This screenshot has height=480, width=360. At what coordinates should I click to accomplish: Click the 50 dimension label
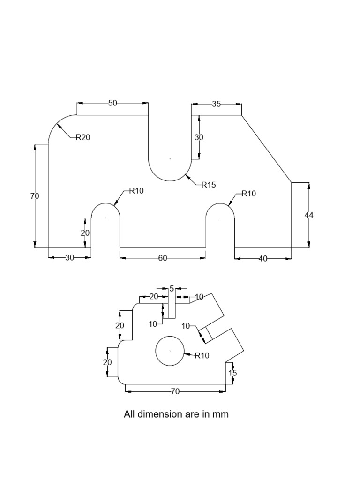[112, 103]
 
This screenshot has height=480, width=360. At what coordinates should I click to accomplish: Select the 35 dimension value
[216, 104]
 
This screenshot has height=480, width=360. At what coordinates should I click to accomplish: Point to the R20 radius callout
[82, 137]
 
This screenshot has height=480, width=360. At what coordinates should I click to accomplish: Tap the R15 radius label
[209, 185]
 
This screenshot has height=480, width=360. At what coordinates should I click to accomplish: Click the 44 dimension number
[308, 215]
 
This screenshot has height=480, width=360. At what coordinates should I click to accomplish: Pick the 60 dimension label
[163, 258]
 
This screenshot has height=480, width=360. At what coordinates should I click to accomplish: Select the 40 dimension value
[263, 258]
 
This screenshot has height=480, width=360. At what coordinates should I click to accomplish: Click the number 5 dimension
[172, 289]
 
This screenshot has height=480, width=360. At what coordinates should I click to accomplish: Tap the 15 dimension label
[232, 373]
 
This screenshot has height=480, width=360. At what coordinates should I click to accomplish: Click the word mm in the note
[221, 414]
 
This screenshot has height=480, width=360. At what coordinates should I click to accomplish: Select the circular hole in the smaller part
[170, 351]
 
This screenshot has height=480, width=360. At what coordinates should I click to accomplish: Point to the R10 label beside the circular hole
[202, 355]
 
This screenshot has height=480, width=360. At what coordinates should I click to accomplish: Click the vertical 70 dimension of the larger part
[35, 196]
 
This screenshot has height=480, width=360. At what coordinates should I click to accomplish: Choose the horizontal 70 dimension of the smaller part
[175, 391]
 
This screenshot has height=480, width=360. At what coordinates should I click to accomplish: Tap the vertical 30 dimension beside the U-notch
[199, 137]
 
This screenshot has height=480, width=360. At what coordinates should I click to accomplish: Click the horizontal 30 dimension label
[69, 258]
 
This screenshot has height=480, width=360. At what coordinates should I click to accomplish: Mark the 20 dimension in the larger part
[85, 233]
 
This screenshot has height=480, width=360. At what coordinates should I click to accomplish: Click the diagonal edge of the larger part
[266, 149]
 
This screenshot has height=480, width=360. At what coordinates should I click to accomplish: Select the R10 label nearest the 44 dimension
[249, 194]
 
